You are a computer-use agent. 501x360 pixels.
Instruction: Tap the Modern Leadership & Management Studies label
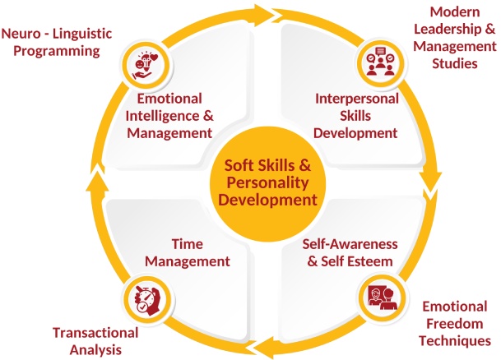click(x=453, y=37)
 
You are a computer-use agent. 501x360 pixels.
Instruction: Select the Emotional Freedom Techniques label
click(x=455, y=323)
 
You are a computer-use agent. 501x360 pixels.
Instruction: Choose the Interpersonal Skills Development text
click(x=356, y=115)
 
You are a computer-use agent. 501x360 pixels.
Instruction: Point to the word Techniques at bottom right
click(x=455, y=339)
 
